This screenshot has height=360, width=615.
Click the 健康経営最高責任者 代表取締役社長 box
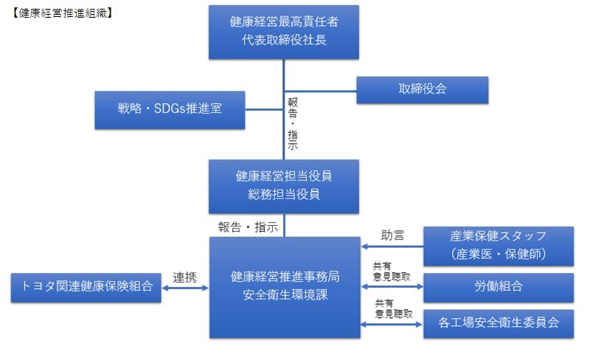coord(284,32)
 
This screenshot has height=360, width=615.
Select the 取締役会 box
coord(423,90)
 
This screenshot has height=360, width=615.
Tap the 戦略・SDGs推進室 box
coord(170,109)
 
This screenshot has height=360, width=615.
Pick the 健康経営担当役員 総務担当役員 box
coord(284,186)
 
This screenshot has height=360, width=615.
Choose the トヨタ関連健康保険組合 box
coord(86,287)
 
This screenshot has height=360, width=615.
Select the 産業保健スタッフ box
coord(498,246)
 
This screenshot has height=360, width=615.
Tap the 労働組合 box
coord(498,287)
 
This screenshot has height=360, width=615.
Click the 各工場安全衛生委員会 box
coord(498,323)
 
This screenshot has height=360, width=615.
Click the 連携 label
coord(185,277)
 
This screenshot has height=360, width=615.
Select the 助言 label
coord(392,236)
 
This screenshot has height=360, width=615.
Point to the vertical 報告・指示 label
coord(293,122)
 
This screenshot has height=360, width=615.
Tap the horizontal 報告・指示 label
coord(248,227)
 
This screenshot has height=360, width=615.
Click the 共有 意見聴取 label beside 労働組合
coord(392,271)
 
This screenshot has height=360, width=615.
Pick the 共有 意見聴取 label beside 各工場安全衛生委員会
coord(392,308)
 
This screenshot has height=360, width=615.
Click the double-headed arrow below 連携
coord(185,288)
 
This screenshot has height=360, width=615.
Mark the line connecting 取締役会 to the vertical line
coord(321,90)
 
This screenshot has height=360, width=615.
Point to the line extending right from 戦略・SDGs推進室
coord(264,110)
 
